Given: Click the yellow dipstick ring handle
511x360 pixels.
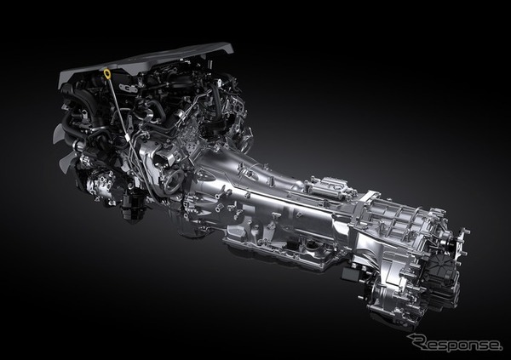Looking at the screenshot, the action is pyautogui.click(x=107, y=72).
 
